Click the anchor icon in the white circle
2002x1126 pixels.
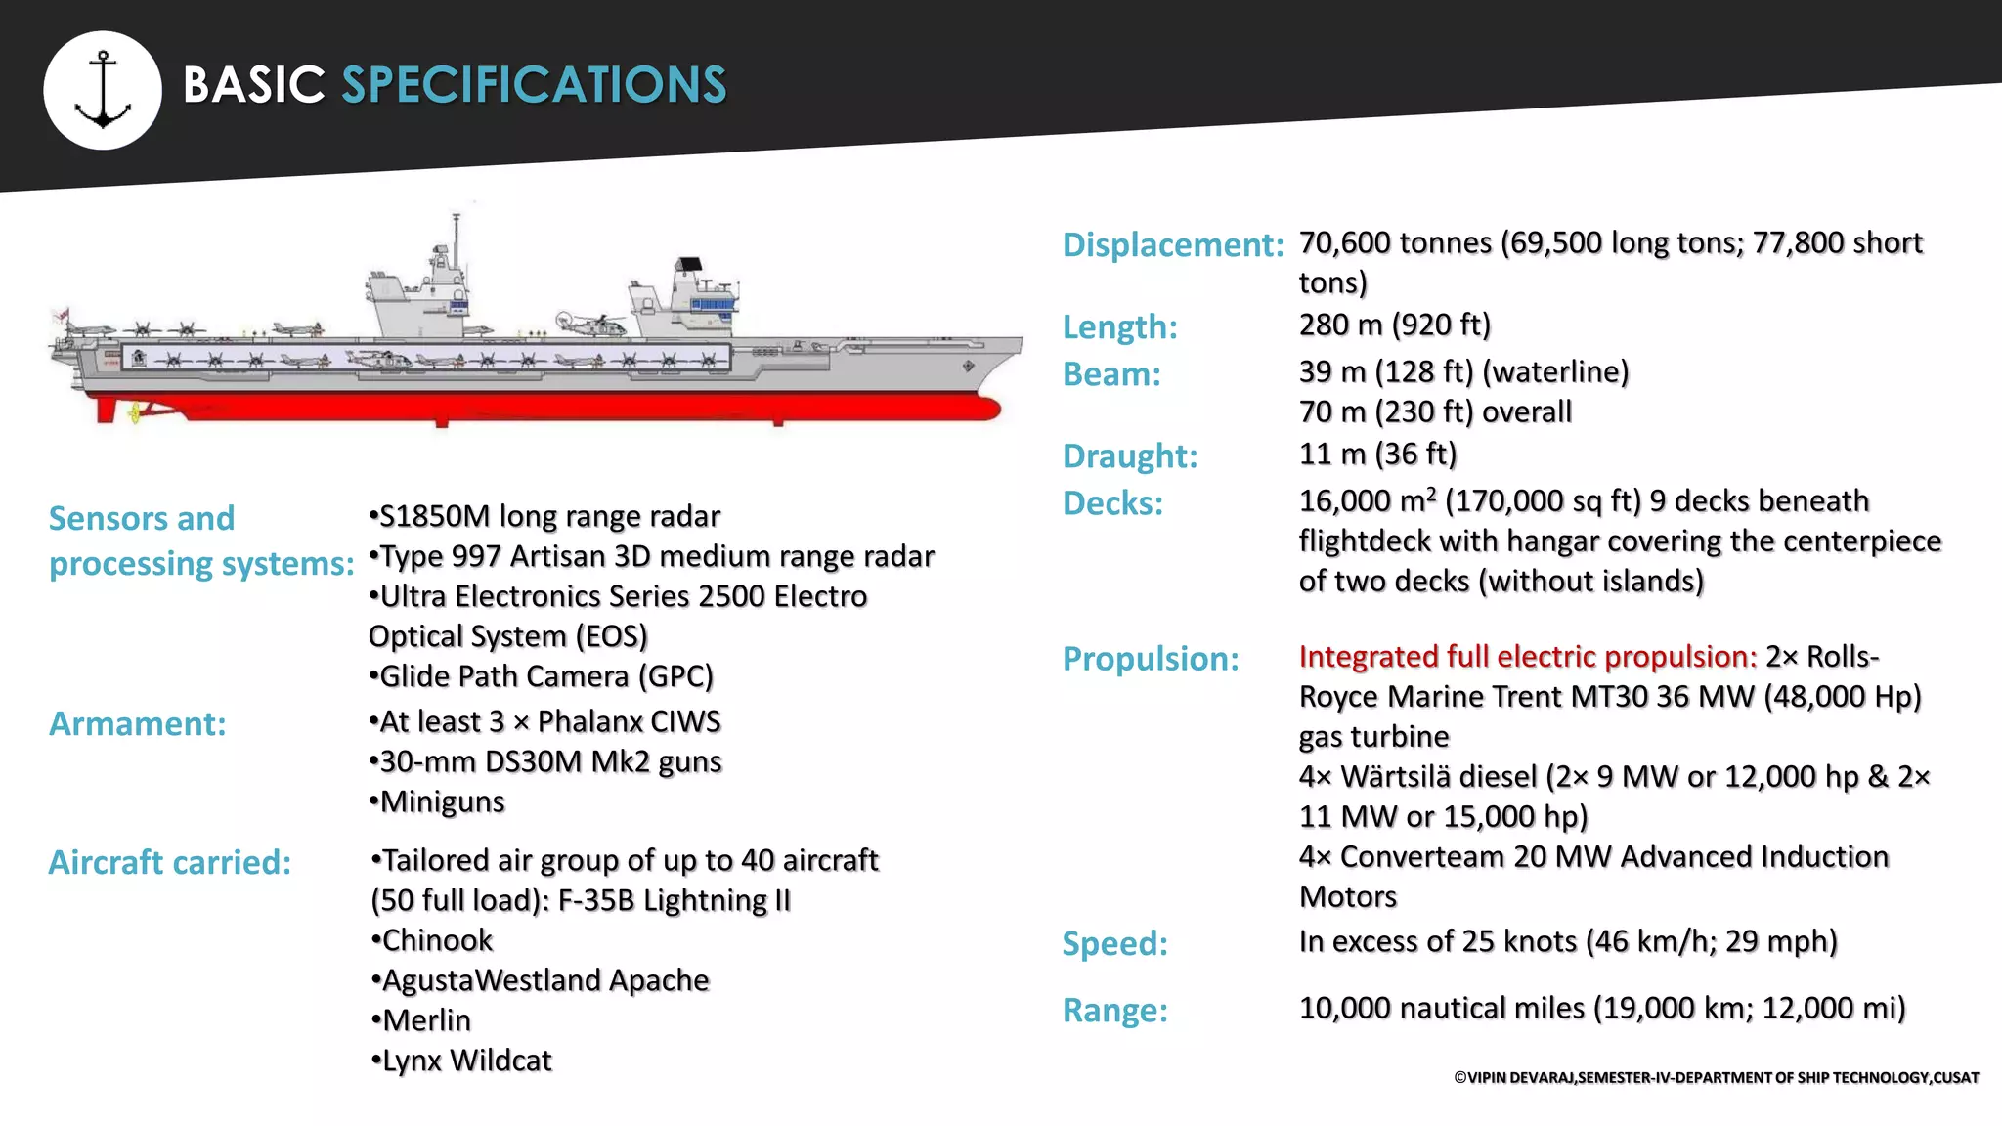click(103, 90)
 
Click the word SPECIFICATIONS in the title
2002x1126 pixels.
click(534, 85)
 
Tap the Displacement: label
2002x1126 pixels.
click(1172, 244)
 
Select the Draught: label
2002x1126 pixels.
click(1130, 455)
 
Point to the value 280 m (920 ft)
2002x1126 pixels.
click(1394, 325)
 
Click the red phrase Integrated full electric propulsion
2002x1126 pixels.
click(1527, 656)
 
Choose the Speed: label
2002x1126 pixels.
click(1114, 943)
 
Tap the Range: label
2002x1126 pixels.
click(1114, 1010)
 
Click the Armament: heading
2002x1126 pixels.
click(138, 723)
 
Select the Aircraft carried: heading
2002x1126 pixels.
click(170, 862)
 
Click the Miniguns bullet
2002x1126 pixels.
click(437, 801)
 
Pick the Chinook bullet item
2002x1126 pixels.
click(432, 940)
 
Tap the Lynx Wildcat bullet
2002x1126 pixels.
click(461, 1061)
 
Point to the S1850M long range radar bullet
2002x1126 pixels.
click(544, 516)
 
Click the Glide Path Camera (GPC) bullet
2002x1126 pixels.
click(542, 676)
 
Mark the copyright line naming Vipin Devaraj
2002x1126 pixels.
click(1716, 1077)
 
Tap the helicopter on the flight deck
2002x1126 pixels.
click(588, 323)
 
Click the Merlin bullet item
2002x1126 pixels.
click(421, 1020)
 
